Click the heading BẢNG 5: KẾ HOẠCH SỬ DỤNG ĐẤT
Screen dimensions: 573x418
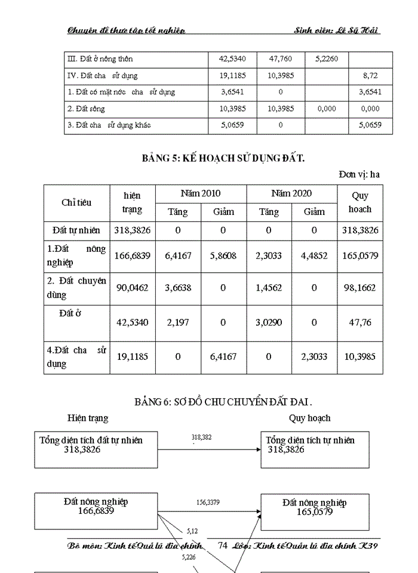click(223, 158)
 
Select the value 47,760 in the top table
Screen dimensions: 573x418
click(279, 59)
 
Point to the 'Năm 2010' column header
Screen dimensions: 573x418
click(201, 193)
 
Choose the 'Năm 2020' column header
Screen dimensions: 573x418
click(291, 193)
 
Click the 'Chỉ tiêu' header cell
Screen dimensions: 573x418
click(76, 202)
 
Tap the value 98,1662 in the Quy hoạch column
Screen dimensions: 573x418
click(360, 288)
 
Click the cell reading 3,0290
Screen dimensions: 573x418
click(269, 322)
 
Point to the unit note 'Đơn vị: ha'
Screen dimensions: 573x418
click(359, 175)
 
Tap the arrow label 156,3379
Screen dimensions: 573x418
click(208, 503)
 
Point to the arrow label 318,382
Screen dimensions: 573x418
click(202, 438)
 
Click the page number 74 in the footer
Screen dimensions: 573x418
click(223, 545)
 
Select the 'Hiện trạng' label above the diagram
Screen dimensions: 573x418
click(88, 418)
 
